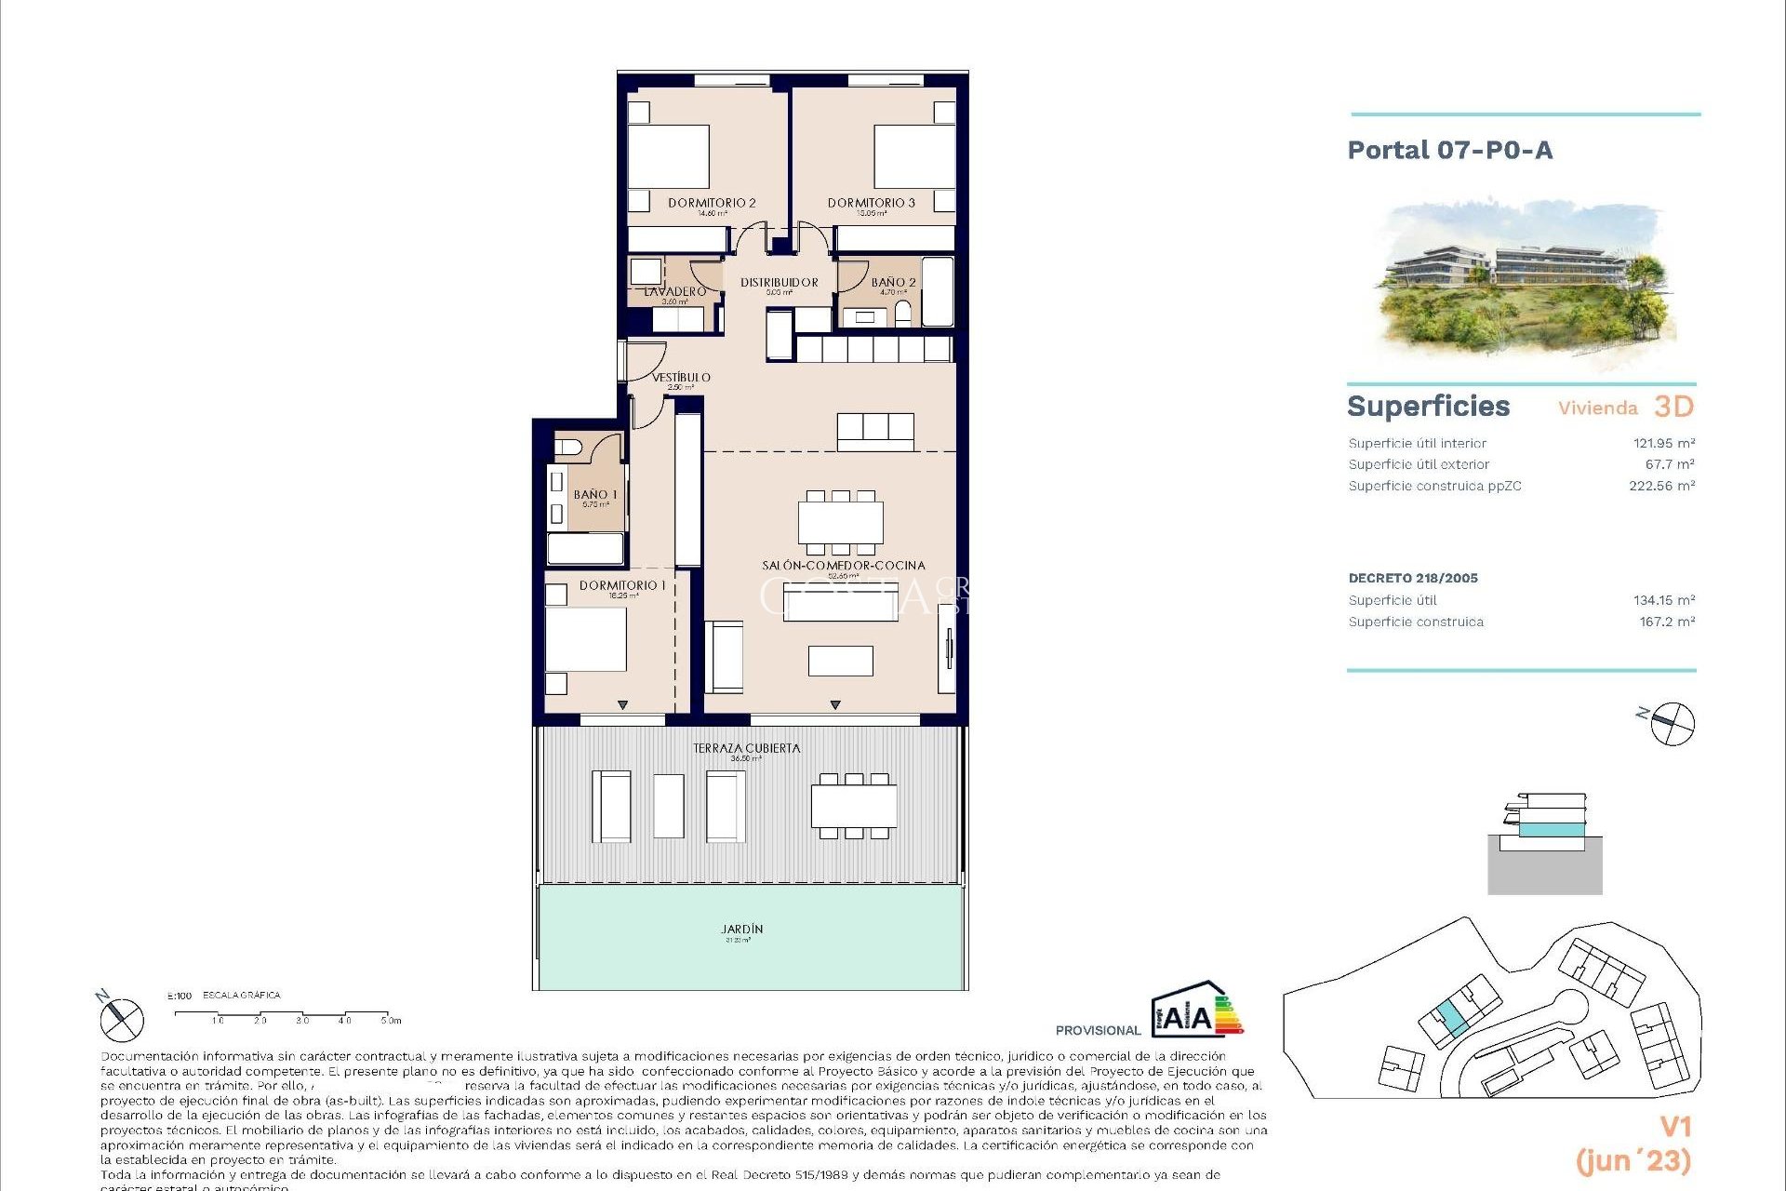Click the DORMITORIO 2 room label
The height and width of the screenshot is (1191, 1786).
click(712, 203)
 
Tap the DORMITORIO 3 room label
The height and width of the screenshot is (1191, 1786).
click(871, 203)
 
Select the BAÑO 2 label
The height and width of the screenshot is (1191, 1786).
click(893, 282)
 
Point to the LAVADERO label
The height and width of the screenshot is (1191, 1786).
click(675, 292)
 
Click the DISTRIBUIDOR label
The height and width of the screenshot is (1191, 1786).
click(780, 282)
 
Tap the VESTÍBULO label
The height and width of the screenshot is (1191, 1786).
click(681, 378)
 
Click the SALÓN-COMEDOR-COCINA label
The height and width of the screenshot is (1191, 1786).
click(843, 566)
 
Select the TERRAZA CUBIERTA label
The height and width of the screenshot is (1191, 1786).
click(746, 748)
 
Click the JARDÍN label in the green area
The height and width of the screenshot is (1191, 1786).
click(741, 930)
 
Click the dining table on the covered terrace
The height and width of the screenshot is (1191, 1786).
click(853, 806)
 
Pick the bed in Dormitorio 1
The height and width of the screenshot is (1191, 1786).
click(586, 638)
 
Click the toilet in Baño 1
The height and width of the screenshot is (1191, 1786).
click(568, 448)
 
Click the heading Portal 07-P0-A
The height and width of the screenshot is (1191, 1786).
click(1449, 151)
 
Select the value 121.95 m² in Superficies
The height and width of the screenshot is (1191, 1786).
click(1663, 444)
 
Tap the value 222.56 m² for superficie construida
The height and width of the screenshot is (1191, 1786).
click(1661, 486)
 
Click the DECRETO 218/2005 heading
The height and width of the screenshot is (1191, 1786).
click(1413, 578)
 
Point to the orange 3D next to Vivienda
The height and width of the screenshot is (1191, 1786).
click(1673, 407)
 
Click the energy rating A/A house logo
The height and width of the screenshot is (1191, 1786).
click(1195, 1010)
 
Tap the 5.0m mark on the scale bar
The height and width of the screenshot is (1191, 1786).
click(390, 1020)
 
